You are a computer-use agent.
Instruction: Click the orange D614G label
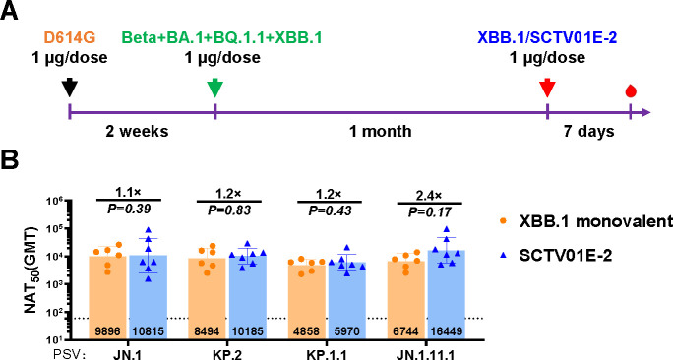69,38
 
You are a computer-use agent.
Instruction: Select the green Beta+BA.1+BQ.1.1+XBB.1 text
221,38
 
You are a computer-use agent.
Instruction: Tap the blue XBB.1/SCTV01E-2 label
547,38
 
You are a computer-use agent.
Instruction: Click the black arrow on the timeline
70,88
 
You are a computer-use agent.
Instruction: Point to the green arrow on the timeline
215,88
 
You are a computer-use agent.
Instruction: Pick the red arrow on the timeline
547,88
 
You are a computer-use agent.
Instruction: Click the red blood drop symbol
630,90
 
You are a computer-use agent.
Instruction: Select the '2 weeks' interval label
138,131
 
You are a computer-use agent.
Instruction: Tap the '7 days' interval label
588,131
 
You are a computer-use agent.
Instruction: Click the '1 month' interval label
380,131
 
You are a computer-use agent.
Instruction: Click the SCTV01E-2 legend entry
555,256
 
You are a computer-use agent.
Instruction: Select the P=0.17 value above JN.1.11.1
430,211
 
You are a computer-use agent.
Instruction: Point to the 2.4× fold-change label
430,195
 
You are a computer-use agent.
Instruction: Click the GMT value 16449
447,331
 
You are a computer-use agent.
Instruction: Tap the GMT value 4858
307,331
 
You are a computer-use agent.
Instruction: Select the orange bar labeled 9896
107,298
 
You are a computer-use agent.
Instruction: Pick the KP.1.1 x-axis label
328,354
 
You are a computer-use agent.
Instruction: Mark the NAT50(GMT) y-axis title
31,270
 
